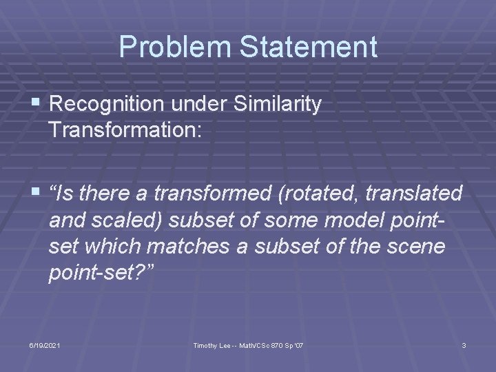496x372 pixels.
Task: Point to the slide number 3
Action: tap(464, 344)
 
